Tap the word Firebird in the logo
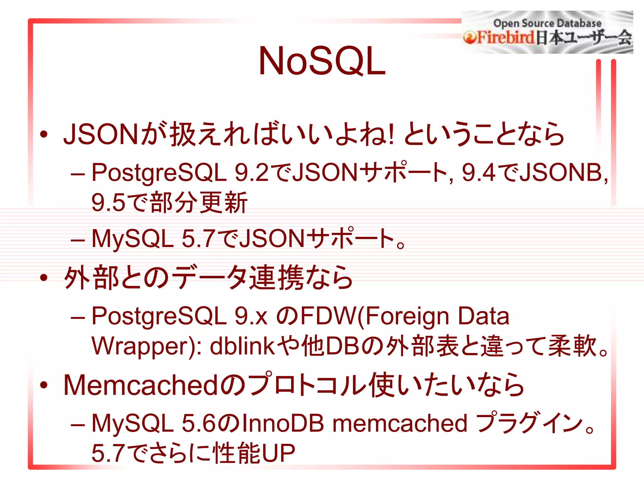pyautogui.click(x=503, y=37)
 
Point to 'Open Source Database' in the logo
pyautogui.click(x=547, y=23)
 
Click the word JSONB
pyautogui.click(x=561, y=173)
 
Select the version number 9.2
pyautogui.click(x=252, y=173)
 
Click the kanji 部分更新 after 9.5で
pyautogui.click(x=199, y=203)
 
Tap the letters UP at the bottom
pyautogui.click(x=279, y=453)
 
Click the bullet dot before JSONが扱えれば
pyautogui.click(x=44, y=134)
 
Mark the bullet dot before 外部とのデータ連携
pyautogui.click(x=44, y=277)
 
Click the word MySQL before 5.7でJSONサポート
pyautogui.click(x=132, y=238)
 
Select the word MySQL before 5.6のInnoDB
pyautogui.click(x=132, y=423)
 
